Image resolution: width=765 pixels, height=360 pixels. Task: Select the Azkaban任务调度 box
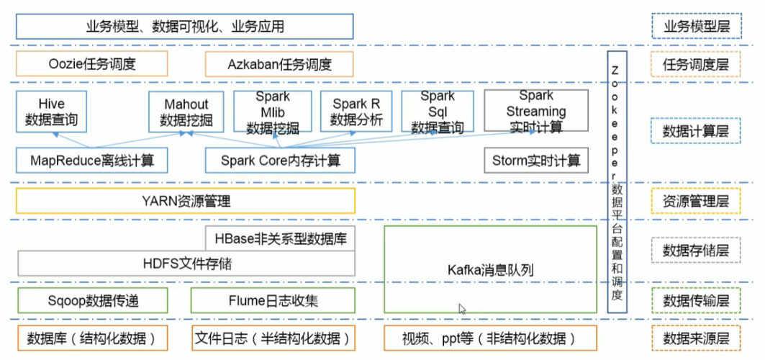point(280,65)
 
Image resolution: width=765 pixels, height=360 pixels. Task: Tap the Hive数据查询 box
point(50,111)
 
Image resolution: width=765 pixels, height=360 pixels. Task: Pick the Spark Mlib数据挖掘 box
point(273,112)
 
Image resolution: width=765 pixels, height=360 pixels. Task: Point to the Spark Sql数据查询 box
point(438,112)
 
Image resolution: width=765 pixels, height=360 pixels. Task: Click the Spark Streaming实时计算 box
point(535,112)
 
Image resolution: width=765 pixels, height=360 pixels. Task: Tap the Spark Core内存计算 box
point(280,160)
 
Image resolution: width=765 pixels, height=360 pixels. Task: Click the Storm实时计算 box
point(536,160)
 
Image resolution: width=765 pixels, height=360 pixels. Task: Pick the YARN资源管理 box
point(186,201)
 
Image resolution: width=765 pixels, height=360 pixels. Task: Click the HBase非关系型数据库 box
point(281,238)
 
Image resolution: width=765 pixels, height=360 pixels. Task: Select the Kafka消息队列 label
point(489,270)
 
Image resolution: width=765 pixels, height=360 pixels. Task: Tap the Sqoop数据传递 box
point(91,300)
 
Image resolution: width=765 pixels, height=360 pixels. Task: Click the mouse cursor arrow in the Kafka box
point(463,308)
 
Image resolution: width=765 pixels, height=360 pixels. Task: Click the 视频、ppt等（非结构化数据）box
point(490,338)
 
